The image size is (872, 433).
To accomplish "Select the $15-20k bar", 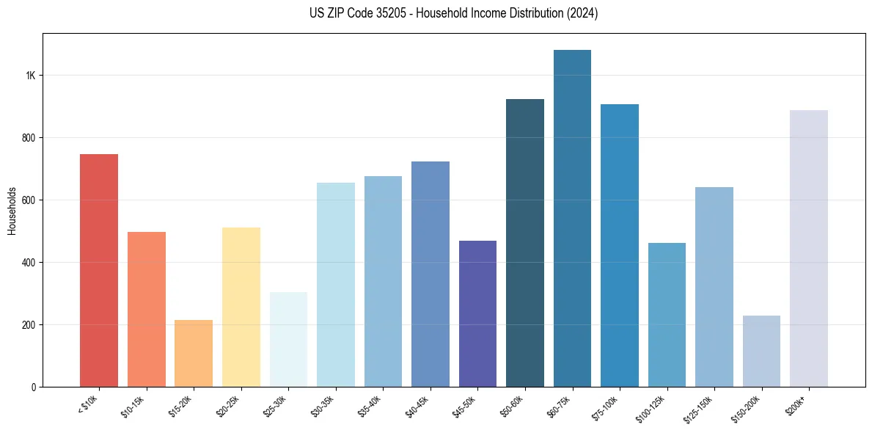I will click(x=194, y=353).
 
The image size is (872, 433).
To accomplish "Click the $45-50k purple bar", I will click(x=477, y=313).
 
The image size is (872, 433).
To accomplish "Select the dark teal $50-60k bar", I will click(x=525, y=242).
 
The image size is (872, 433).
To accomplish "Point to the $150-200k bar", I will click(x=761, y=351).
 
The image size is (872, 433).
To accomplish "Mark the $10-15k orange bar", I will click(x=146, y=309).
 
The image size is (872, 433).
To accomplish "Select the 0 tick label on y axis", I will click(x=32, y=387).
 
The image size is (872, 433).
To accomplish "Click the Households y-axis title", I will click(x=12, y=211).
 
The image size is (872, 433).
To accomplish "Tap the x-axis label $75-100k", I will click(x=606, y=405).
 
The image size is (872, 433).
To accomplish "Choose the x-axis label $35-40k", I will click(x=370, y=405).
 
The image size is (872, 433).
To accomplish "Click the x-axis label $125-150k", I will click(x=699, y=407).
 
